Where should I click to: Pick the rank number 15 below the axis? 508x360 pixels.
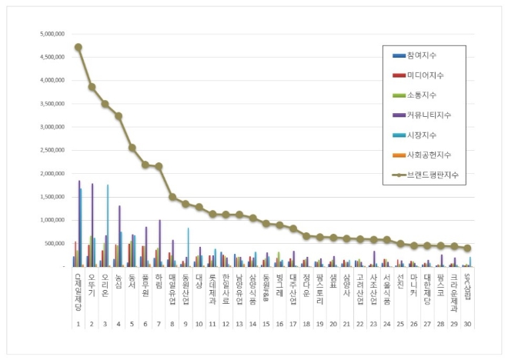[x=266, y=325]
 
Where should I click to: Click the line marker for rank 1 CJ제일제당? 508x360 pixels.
[x=79, y=47]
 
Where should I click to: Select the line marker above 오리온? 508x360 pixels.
[x=105, y=104]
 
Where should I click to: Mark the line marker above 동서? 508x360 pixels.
[x=132, y=148]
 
